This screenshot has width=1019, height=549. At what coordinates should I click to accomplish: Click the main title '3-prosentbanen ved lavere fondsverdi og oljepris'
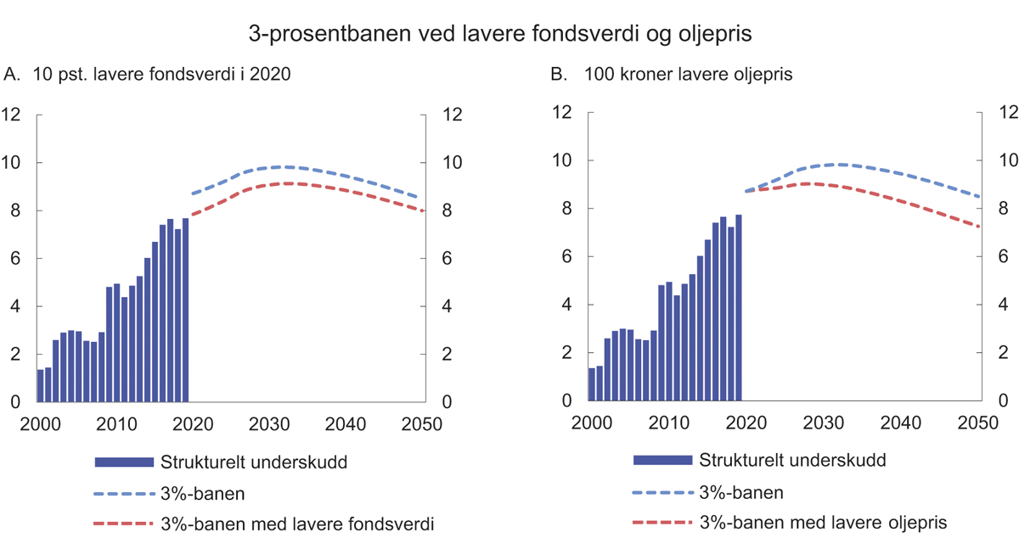[501, 34]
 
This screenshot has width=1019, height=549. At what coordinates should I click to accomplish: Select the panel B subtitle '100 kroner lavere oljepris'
[672, 75]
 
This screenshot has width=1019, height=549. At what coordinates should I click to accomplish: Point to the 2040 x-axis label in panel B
[900, 423]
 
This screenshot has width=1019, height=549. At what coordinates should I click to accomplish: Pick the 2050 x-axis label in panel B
[977, 423]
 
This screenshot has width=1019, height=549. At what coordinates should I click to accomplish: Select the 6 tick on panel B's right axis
[1004, 257]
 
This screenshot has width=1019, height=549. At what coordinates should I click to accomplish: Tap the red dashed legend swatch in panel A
[122, 524]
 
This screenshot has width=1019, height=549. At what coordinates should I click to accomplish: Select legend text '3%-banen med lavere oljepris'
[823, 523]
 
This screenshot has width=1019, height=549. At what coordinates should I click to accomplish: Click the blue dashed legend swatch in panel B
[662, 492]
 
